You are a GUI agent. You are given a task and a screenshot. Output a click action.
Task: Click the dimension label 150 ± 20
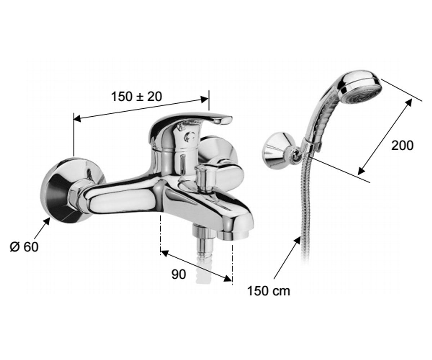[136, 96]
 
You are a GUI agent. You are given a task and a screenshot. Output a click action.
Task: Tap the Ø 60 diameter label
[24, 247]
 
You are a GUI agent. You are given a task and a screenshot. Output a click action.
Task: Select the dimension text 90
[179, 274]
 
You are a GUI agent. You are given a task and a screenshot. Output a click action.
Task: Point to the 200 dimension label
[402, 145]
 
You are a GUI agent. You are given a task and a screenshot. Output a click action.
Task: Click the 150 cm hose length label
[269, 291]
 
